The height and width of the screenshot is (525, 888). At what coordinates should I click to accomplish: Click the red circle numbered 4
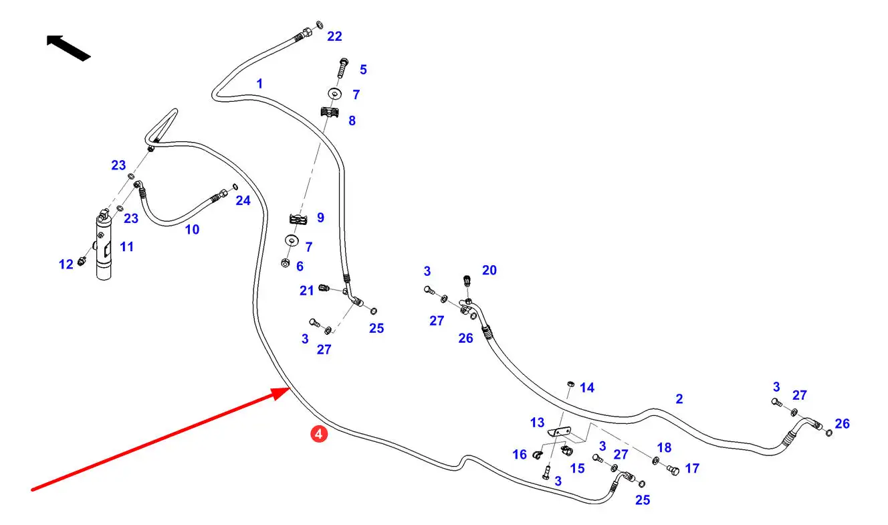319,435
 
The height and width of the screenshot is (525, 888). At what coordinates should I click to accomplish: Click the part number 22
334,36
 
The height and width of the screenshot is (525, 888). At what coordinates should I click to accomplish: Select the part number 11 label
126,247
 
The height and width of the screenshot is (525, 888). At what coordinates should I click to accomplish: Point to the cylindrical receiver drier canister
104,248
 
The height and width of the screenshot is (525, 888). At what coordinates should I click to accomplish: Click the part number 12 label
66,265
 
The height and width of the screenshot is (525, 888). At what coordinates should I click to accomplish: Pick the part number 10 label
192,230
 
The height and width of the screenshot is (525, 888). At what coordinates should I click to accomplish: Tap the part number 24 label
243,200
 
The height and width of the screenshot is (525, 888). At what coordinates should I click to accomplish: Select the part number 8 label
352,121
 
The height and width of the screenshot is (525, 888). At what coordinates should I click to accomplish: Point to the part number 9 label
320,218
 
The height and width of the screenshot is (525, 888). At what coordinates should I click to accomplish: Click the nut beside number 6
285,263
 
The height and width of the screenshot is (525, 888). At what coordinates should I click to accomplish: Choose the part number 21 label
307,291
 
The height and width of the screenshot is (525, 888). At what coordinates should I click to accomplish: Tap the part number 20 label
489,270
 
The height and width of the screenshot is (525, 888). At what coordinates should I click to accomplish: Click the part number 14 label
587,388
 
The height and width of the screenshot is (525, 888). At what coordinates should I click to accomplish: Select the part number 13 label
537,423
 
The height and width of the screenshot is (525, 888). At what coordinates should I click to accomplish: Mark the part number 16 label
520,455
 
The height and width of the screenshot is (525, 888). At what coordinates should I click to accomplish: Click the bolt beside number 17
673,471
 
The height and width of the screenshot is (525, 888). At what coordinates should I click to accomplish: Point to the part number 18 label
663,447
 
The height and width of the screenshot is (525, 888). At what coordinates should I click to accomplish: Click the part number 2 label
679,399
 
